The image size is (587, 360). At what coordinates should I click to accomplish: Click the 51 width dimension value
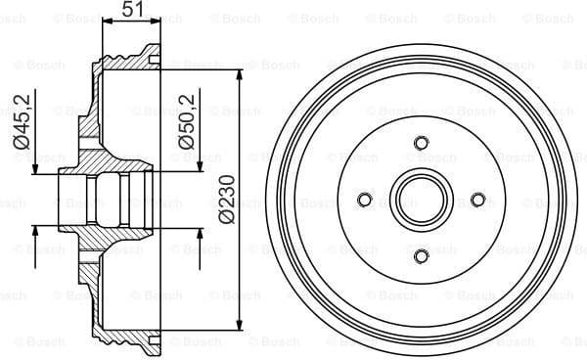tap(131, 11)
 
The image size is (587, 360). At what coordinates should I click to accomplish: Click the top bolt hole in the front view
tap(421, 143)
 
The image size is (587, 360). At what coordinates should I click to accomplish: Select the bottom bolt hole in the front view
tap(421, 256)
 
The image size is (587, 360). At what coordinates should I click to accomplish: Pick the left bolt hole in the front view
tap(364, 200)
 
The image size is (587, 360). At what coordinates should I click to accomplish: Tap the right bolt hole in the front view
tap(477, 200)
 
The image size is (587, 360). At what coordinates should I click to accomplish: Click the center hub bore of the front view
tap(421, 200)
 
